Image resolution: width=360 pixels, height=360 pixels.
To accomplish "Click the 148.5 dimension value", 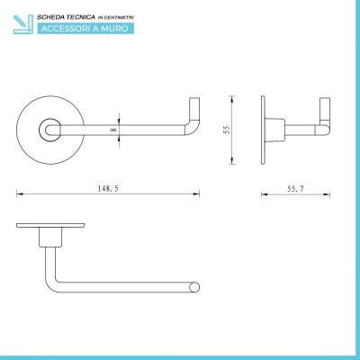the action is coord(108,188).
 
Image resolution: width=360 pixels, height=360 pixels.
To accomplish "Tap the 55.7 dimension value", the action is coord(295,189).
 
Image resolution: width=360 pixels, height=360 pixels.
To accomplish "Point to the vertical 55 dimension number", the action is coord(227,130).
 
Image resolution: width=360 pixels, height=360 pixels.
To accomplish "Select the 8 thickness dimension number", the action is coord(113,130).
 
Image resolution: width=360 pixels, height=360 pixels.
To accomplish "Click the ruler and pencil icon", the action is coord(23,23).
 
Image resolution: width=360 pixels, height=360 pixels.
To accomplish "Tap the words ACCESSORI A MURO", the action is coord(85,29).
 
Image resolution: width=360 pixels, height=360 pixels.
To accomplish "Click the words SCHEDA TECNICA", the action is coord(66,17).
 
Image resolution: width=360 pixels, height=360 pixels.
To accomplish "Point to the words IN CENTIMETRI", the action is coord(116,18).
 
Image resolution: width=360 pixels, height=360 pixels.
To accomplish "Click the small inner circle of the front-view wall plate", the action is coord(49,130).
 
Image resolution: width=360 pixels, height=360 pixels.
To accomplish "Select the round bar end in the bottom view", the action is coord(194,287).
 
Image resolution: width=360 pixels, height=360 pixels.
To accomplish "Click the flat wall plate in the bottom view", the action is coord(50,225).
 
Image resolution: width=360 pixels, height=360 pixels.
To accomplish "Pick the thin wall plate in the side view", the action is coord(263,130).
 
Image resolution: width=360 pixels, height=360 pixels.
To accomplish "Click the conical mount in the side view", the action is coord(274,130).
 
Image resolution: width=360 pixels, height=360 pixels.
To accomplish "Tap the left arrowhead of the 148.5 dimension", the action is coord(20,193).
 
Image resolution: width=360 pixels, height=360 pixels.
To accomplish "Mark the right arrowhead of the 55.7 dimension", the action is coord(327,194).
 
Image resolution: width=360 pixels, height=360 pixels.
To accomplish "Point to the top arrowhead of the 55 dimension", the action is coord(231,99).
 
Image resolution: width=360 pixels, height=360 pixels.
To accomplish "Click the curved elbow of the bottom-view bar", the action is coord(51,285).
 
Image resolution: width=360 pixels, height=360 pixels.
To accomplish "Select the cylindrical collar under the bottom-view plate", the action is coord(50,237).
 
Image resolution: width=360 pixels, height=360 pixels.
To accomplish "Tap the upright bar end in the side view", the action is coord(325,111).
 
